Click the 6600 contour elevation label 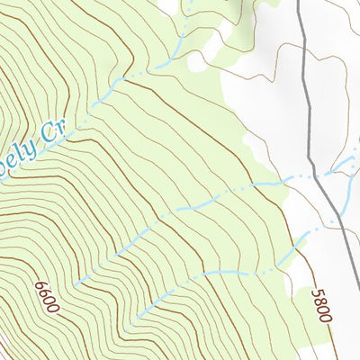click(47, 297)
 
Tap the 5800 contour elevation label click(322, 305)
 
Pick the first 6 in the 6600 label click(41, 285)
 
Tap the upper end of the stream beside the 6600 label click(76, 284)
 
